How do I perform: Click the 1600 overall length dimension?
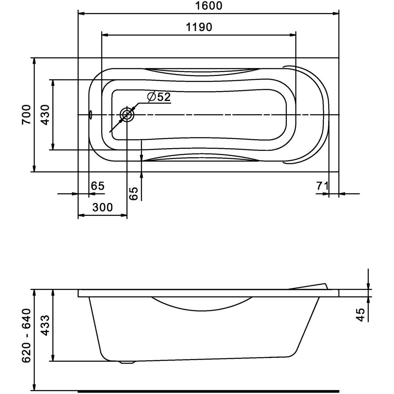click(209, 6)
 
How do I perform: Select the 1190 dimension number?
click(199, 27)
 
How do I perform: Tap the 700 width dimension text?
click(26, 115)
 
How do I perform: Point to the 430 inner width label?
click(45, 115)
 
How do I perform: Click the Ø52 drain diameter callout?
click(159, 97)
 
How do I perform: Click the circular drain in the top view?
click(127, 115)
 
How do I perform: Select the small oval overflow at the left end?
click(91, 115)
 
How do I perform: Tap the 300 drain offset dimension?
click(102, 208)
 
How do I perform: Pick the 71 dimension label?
click(322, 186)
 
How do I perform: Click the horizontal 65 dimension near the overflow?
click(97, 186)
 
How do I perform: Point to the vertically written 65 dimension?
click(134, 193)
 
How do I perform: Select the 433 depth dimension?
click(45, 325)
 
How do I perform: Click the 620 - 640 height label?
click(26, 336)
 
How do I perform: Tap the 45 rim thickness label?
click(361, 315)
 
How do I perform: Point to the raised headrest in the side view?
click(308, 286)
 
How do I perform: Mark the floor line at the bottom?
click(208, 392)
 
